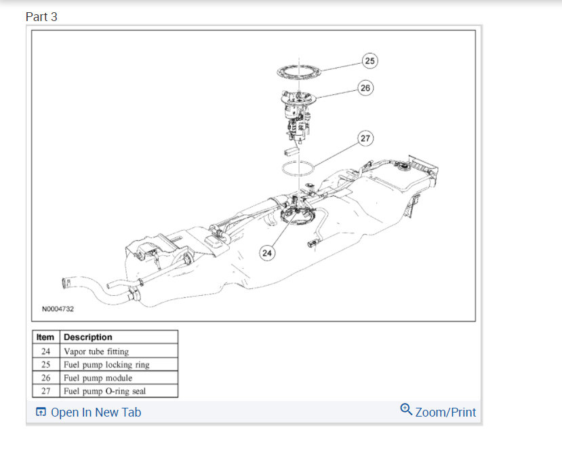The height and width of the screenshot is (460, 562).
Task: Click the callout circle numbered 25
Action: [369, 61]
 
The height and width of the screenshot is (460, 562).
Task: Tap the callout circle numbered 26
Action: [365, 88]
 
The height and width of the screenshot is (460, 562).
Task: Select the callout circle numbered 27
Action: [365, 138]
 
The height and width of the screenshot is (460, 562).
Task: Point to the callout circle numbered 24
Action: [267, 253]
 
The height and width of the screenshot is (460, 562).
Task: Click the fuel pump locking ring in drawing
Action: [298, 71]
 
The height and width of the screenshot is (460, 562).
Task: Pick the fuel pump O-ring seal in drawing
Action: [297, 168]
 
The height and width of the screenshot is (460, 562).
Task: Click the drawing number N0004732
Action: [58, 309]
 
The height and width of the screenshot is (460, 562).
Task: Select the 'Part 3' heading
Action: [41, 17]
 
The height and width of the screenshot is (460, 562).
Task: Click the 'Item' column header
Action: [46, 337]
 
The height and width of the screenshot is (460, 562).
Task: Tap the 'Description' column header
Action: [88, 337]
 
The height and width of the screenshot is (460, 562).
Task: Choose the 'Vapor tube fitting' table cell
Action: [96, 351]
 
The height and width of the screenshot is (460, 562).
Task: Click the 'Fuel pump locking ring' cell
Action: [106, 364]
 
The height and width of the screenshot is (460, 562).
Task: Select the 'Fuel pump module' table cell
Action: [98, 378]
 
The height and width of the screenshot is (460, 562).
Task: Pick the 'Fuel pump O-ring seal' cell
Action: [105, 391]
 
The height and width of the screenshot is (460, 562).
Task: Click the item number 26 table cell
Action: [46, 378]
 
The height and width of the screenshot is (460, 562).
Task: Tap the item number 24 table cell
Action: [46, 351]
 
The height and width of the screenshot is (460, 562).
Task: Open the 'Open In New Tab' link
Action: [95, 413]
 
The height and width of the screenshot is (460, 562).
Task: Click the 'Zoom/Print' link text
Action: [445, 413]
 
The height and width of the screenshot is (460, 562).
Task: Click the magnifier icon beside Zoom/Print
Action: [406, 409]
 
